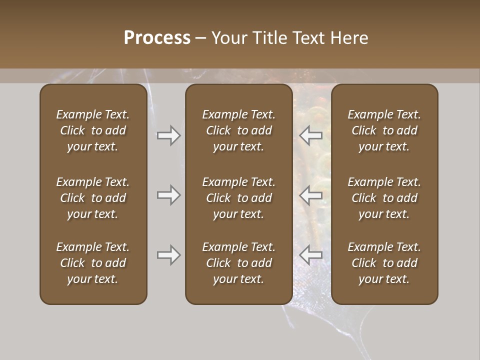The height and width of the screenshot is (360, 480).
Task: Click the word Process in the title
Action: pyautogui.click(x=157, y=38)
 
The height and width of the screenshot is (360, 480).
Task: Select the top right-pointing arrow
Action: pyautogui.click(x=168, y=135)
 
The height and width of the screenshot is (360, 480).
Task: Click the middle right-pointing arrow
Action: pyautogui.click(x=168, y=195)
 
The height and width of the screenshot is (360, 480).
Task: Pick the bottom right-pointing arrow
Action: pyautogui.click(x=168, y=255)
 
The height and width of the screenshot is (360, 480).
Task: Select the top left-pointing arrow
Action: pyautogui.click(x=310, y=135)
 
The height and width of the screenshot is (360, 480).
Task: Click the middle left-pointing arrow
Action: pyautogui.click(x=310, y=195)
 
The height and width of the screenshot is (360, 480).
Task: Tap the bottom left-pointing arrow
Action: pyautogui.click(x=310, y=255)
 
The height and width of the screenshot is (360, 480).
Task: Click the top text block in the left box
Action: pyautogui.click(x=93, y=130)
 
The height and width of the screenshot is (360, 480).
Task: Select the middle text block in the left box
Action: pyautogui.click(x=93, y=198)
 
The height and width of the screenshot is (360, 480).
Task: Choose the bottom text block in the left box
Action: pyautogui.click(x=93, y=263)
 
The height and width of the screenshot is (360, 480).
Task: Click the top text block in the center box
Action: pyautogui.click(x=238, y=130)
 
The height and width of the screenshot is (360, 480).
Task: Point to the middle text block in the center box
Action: pyautogui.click(x=238, y=198)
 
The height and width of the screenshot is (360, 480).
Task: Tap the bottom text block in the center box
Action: pyautogui.click(x=238, y=263)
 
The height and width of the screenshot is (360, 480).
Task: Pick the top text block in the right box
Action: pyautogui.click(x=384, y=130)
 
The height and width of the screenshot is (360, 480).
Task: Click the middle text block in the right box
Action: pyautogui.click(x=384, y=198)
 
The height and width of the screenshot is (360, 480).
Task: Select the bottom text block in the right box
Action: pyautogui.click(x=384, y=263)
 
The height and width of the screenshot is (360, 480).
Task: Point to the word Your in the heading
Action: pyautogui.click(x=229, y=38)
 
